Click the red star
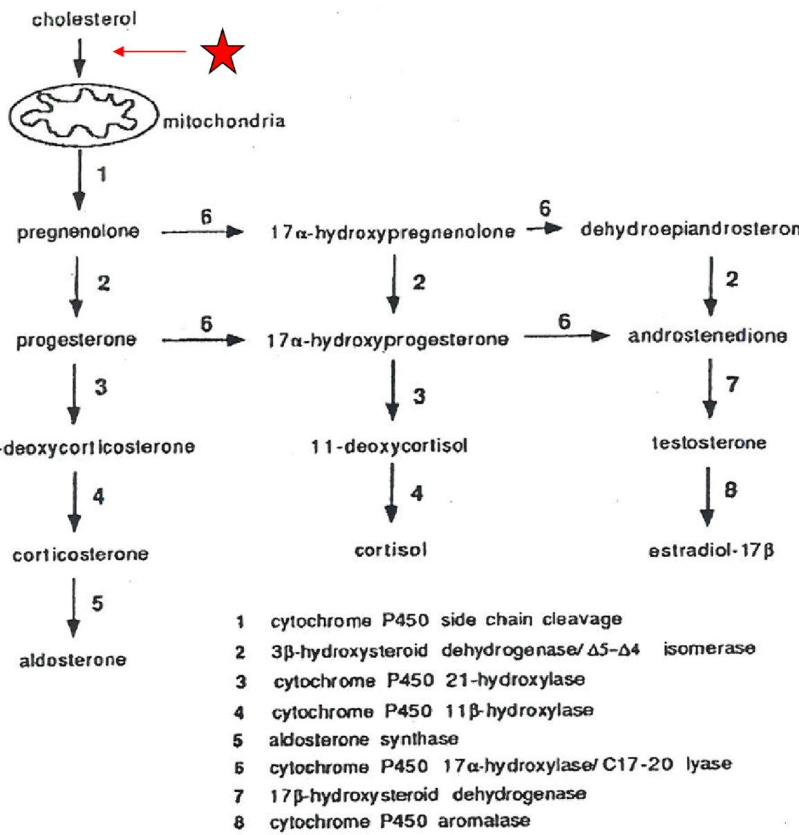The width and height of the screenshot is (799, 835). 222,52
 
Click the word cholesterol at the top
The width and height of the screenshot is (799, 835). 84,19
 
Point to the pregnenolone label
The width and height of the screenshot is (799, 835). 78,232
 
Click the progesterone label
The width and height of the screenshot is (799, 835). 76,340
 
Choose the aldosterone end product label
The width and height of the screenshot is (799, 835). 73,659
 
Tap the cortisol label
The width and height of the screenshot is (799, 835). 391,550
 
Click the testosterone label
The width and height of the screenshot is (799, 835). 708,442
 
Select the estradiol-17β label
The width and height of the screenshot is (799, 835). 711,551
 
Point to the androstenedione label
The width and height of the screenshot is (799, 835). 707,336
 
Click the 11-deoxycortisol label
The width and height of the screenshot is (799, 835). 389,446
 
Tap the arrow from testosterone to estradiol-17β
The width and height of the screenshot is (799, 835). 706,496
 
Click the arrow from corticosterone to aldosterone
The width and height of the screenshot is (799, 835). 73,607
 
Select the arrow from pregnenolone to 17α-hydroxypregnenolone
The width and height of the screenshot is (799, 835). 203,232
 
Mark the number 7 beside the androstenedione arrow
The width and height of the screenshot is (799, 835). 732,384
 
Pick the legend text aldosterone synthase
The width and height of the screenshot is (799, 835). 364,740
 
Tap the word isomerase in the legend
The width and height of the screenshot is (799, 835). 709,649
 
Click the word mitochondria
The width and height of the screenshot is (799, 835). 223,122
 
